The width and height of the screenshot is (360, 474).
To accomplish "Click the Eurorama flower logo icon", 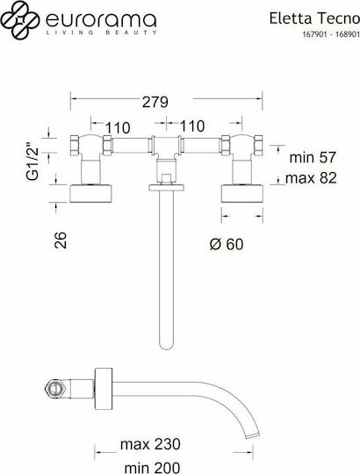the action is pyautogui.click(x=20, y=20).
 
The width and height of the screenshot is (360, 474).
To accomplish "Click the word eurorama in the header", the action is pyautogui.click(x=101, y=19).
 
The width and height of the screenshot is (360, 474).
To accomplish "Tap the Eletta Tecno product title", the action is pyautogui.click(x=314, y=18).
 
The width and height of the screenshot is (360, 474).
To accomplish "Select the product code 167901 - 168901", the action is pyautogui.click(x=331, y=34).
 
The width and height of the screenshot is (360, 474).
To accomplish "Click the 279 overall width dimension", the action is pyautogui.click(x=155, y=102).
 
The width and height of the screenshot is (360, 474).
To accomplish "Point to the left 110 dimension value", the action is pyautogui.click(x=118, y=128).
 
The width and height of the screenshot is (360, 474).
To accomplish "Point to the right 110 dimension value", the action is pyautogui.click(x=192, y=126).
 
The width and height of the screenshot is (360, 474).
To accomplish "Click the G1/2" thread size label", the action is pyautogui.click(x=32, y=162).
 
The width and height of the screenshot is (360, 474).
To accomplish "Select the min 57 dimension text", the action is pyautogui.click(x=313, y=157).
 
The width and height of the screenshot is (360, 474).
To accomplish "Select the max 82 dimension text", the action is pyautogui.click(x=311, y=178).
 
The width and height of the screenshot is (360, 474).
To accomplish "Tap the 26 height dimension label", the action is pyautogui.click(x=61, y=240).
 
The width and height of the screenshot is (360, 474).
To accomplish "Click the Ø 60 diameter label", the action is pyautogui.click(x=227, y=244).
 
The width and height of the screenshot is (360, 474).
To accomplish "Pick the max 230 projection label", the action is pyautogui.click(x=150, y=444).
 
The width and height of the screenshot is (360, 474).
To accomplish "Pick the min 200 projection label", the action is pyautogui.click(x=152, y=468).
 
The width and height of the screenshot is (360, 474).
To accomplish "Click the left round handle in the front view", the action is pyautogui.click(x=90, y=193).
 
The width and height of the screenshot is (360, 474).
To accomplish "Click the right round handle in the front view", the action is pyautogui.click(x=242, y=193).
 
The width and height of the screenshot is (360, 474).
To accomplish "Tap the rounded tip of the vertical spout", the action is pyautogui.click(x=167, y=347).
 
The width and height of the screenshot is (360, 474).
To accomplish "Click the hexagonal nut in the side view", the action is pyautogui.click(x=56, y=388).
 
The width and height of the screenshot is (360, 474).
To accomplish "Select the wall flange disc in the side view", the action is pyautogui.click(x=104, y=389).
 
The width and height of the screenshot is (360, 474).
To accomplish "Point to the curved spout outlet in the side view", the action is pyautogui.click(x=253, y=435).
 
